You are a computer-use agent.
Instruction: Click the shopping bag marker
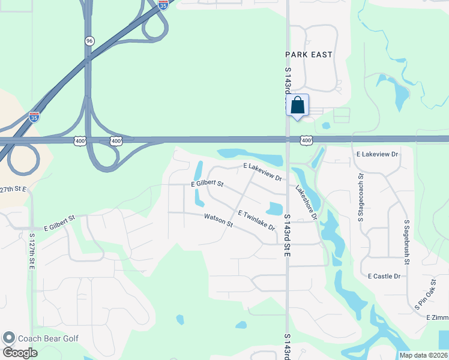[x=298, y=106]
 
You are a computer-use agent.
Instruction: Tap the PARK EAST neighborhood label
[x=309, y=55]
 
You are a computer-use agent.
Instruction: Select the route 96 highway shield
[x=89, y=40]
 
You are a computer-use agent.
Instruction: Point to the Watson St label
[x=218, y=220]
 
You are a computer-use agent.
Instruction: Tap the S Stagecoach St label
[x=361, y=197]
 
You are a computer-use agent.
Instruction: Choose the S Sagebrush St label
[x=407, y=242]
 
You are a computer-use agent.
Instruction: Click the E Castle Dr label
[x=384, y=276]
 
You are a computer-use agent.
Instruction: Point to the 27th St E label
[x=13, y=189]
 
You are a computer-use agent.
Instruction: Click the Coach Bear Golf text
[x=48, y=338]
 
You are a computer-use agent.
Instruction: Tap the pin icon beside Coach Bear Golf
[x=8, y=338]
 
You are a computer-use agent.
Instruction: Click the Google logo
[x=20, y=352]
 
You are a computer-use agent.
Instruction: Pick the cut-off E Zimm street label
[x=437, y=317]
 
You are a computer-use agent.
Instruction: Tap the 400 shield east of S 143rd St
[x=307, y=140]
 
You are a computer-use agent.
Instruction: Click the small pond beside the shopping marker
[x=326, y=126]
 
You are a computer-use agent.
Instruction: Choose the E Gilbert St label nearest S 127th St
[x=59, y=223]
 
